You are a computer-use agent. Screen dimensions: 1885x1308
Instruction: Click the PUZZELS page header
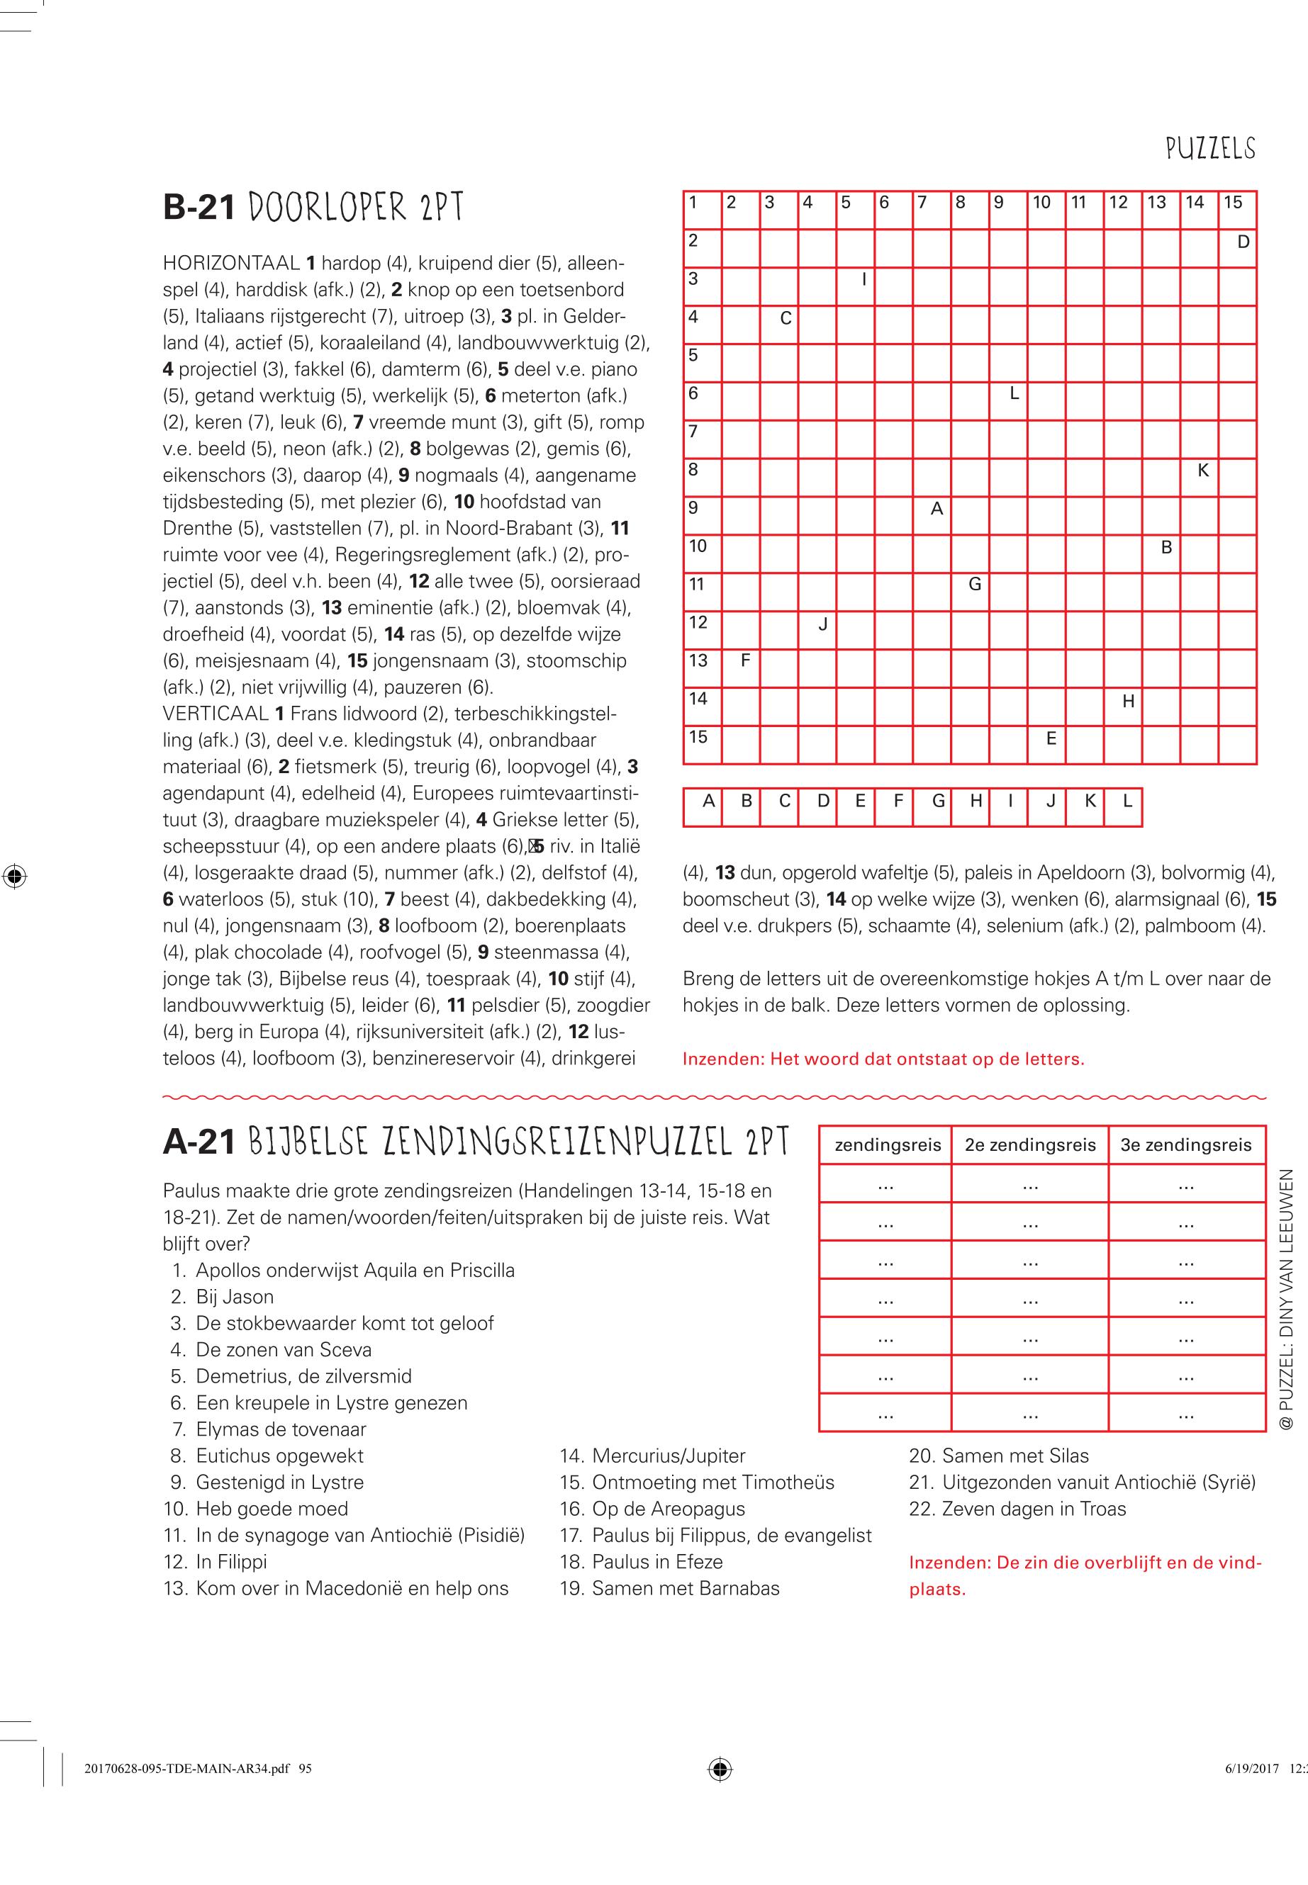point(1210,148)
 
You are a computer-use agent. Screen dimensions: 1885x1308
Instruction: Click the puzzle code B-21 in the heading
point(199,207)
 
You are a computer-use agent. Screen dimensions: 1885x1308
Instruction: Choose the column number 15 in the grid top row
point(1234,203)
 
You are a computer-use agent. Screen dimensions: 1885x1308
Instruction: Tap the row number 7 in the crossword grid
point(693,432)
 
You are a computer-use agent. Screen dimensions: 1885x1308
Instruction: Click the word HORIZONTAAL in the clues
point(231,264)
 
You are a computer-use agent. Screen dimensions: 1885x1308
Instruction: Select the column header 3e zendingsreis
point(1186,1145)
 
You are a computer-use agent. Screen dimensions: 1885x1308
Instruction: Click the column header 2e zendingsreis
point(1030,1145)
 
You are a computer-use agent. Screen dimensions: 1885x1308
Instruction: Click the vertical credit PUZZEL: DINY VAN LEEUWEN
point(1285,1298)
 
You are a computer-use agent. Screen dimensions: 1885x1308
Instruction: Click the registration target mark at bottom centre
point(720,1791)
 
